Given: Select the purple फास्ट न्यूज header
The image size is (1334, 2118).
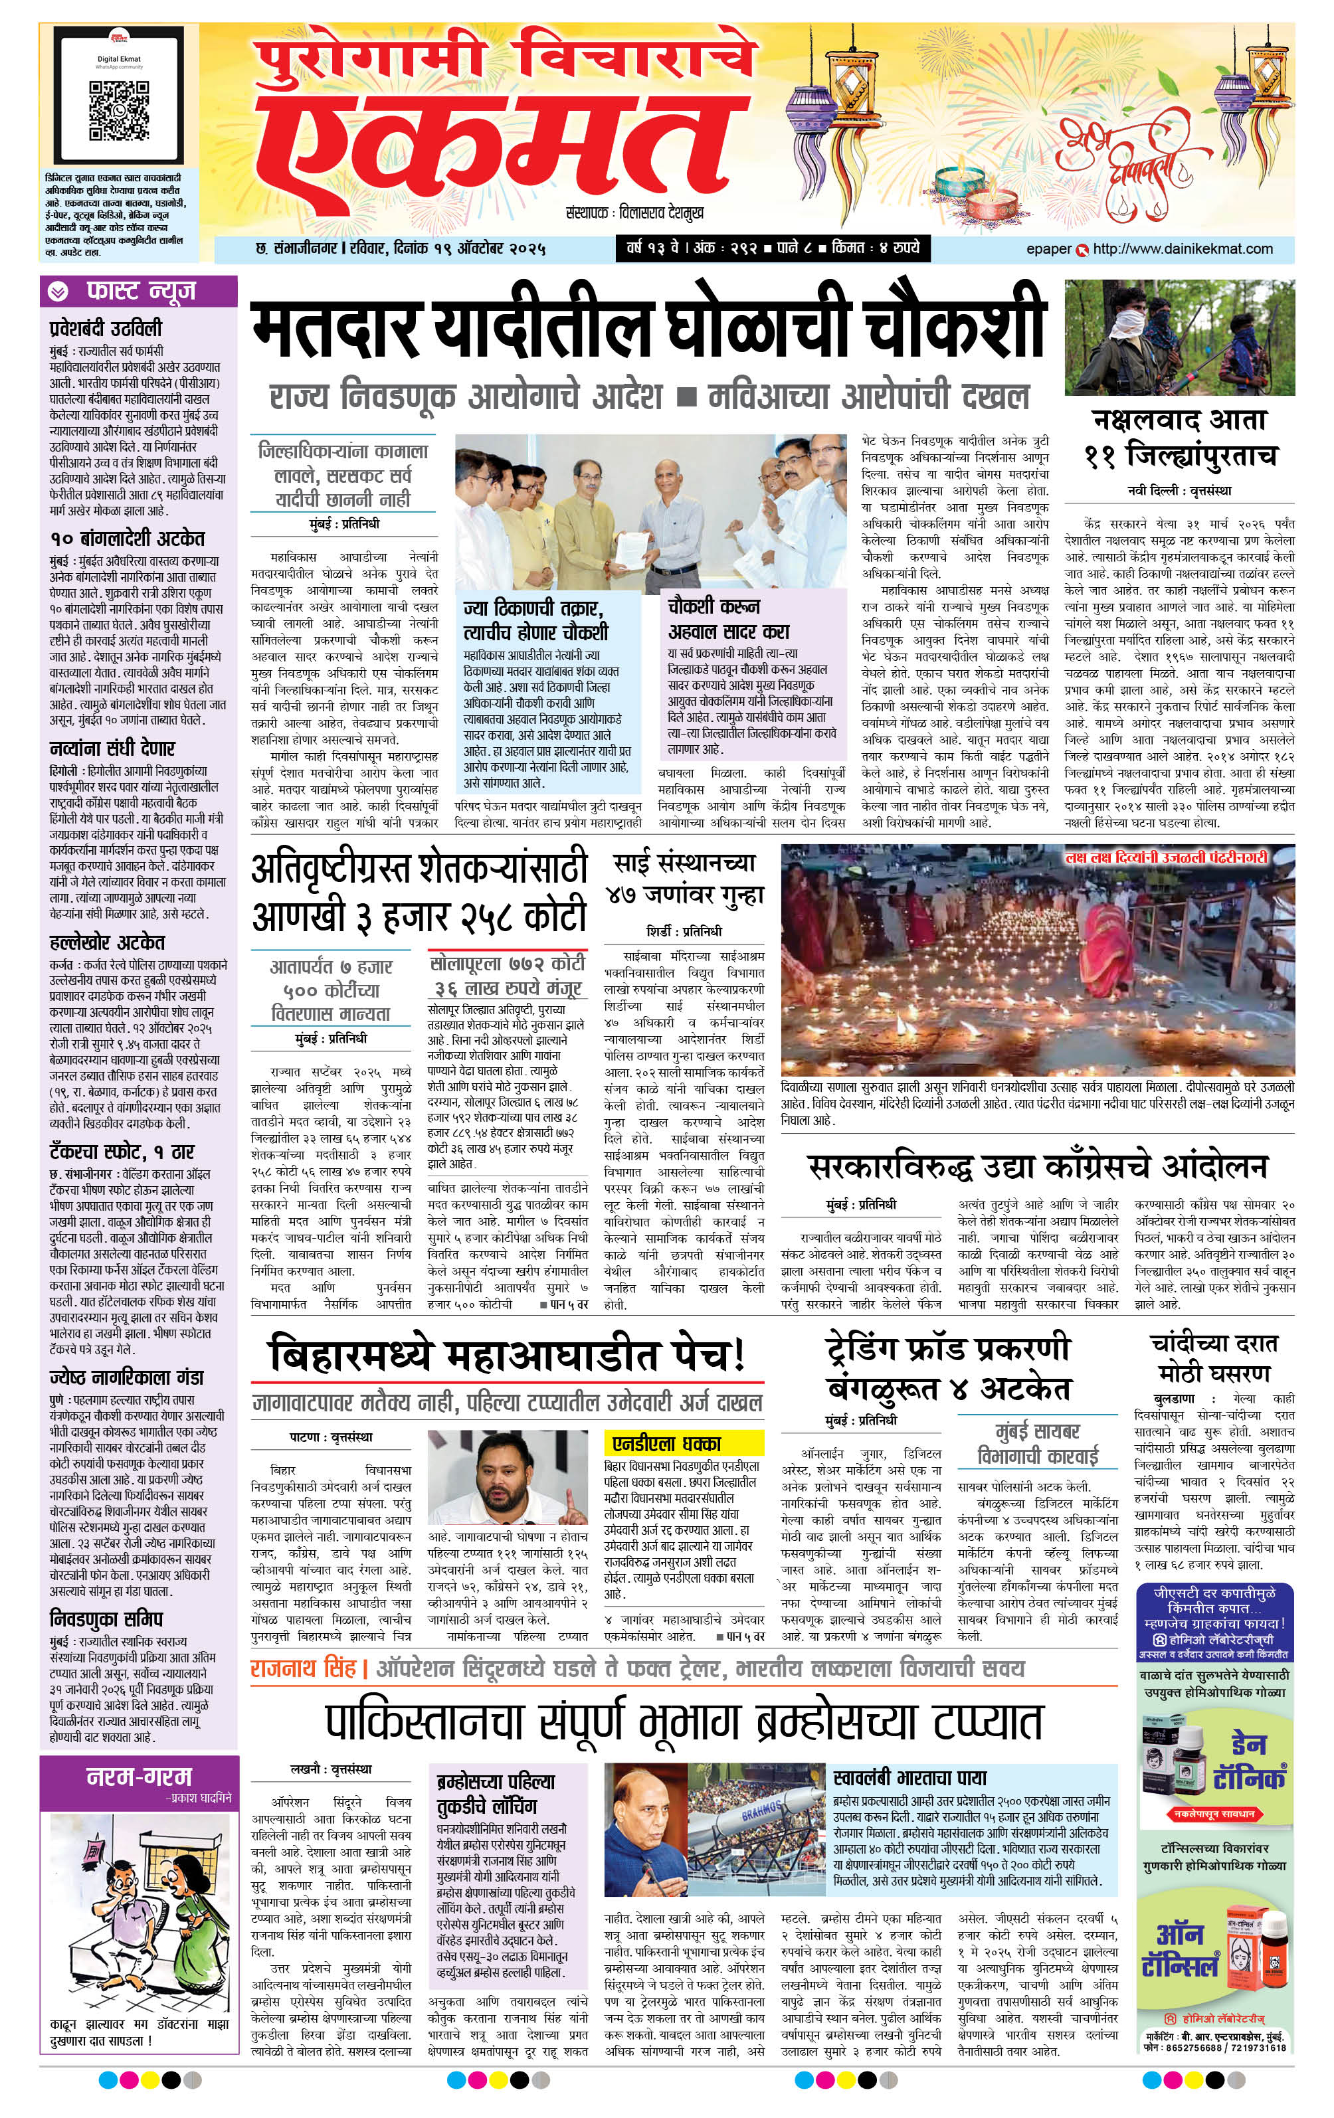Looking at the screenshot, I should tap(139, 290).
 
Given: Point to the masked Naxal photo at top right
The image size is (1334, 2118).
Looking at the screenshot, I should tap(1179, 337).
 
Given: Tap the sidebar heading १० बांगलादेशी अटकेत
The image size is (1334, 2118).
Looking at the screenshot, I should tap(127, 537).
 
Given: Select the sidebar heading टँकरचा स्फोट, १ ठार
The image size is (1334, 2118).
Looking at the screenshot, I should tap(122, 1152).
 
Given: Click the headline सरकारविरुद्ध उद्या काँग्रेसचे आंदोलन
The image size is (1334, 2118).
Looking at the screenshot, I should tap(1038, 1167).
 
